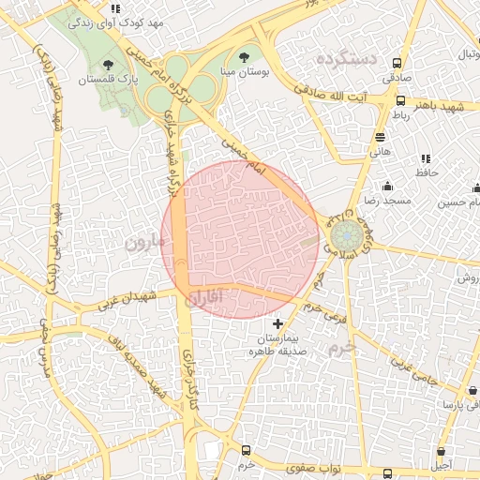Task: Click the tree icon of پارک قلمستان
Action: point(109,65)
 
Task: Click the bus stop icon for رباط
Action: point(401,100)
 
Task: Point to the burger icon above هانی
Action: point(380,137)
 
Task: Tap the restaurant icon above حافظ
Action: point(427,158)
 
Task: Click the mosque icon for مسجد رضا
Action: point(386,186)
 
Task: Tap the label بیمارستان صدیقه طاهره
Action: point(277,343)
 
